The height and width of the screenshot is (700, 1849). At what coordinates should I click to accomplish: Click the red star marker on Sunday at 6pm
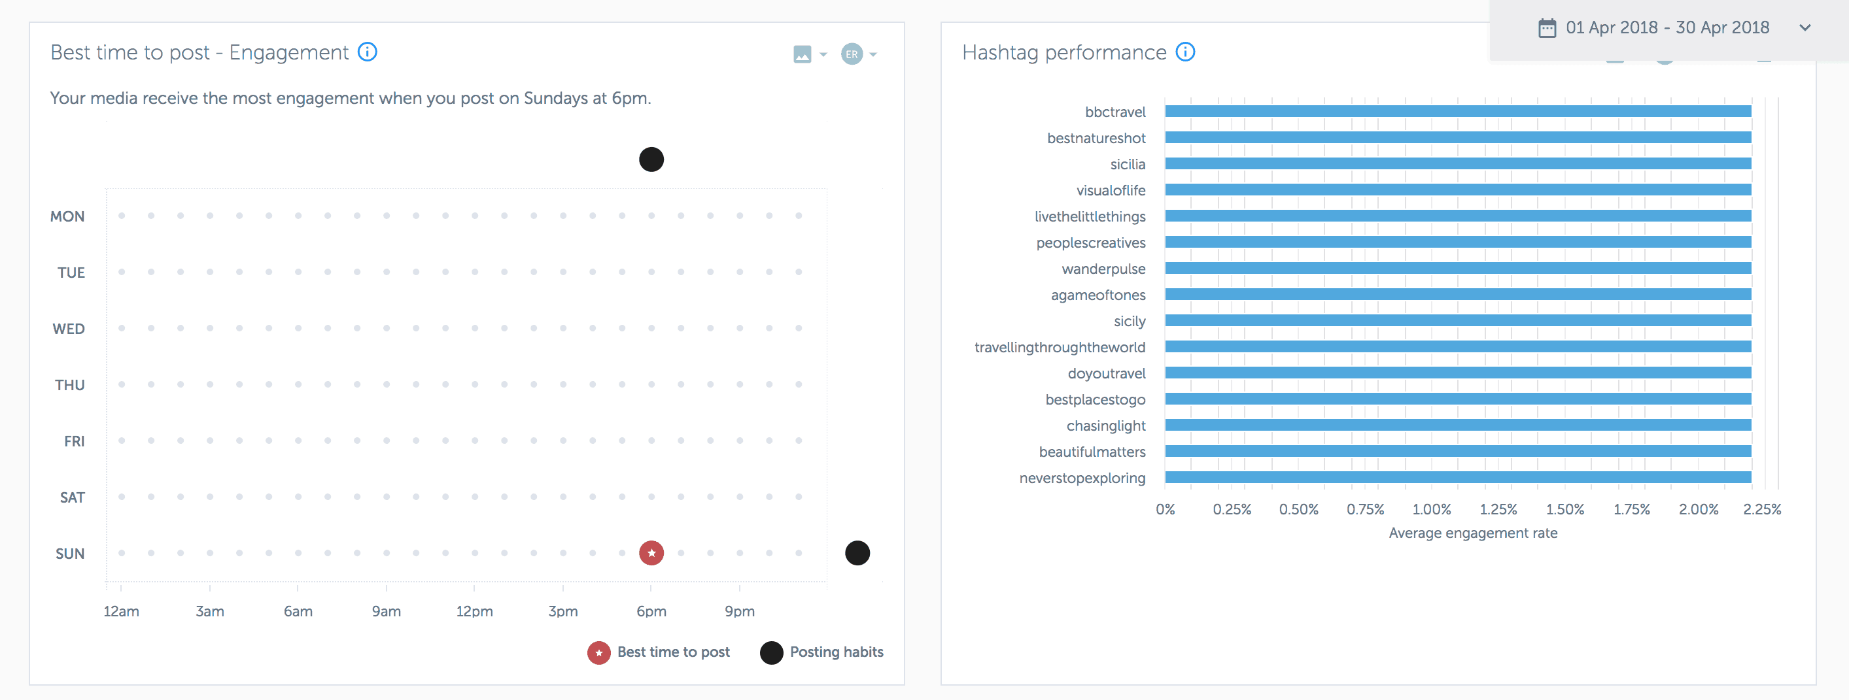click(x=651, y=553)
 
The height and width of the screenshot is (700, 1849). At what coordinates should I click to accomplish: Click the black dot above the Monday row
click(x=651, y=159)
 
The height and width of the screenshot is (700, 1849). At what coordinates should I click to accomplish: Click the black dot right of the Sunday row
click(x=857, y=553)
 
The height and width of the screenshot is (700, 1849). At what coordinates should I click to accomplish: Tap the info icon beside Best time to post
click(x=368, y=52)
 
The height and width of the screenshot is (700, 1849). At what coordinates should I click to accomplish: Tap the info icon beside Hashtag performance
click(x=1186, y=52)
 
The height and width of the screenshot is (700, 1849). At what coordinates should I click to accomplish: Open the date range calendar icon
click(x=1547, y=28)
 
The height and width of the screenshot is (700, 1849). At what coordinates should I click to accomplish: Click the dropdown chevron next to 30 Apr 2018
click(x=1805, y=28)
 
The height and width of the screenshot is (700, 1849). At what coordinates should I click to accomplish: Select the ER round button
click(x=852, y=54)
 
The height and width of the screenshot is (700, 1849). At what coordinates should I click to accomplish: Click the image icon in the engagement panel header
click(x=803, y=54)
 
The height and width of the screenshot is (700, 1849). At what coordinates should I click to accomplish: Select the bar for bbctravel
click(x=1457, y=111)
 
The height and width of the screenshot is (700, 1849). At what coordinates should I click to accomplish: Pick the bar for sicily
click(x=1457, y=321)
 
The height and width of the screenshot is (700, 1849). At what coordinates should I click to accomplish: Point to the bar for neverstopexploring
click(x=1457, y=478)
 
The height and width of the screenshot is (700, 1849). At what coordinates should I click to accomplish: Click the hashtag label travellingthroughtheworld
click(x=1060, y=348)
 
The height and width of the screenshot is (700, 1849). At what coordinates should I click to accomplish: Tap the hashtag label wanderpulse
click(x=1103, y=269)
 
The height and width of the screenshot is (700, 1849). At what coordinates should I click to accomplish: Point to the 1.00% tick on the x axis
click(x=1431, y=509)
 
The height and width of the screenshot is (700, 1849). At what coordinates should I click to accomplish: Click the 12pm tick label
click(x=474, y=612)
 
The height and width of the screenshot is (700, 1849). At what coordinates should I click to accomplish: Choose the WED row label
click(x=69, y=329)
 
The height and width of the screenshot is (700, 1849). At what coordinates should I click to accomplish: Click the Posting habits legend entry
click(x=823, y=652)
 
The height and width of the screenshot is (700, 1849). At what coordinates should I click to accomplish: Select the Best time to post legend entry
click(x=659, y=652)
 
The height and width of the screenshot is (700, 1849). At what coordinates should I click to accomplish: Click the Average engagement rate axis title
click(x=1473, y=533)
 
